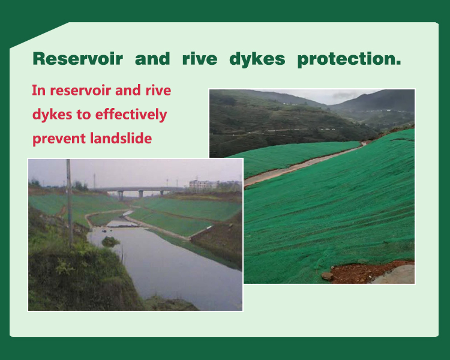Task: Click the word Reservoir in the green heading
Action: [78, 59]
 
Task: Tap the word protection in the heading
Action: [349, 59]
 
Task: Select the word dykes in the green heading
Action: [257, 59]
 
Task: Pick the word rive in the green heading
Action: [200, 59]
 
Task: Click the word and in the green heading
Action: [152, 59]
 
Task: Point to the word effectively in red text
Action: [131, 115]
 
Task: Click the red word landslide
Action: [121, 139]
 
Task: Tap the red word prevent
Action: [59, 139]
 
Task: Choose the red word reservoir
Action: [80, 91]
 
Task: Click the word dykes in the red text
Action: [52, 115]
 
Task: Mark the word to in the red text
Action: [83, 115]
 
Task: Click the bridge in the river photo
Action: [140, 191]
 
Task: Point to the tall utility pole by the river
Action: [69, 203]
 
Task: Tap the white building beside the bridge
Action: [203, 184]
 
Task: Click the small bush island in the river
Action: [110, 241]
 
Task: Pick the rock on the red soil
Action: [327, 276]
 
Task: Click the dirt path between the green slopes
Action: [301, 164]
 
